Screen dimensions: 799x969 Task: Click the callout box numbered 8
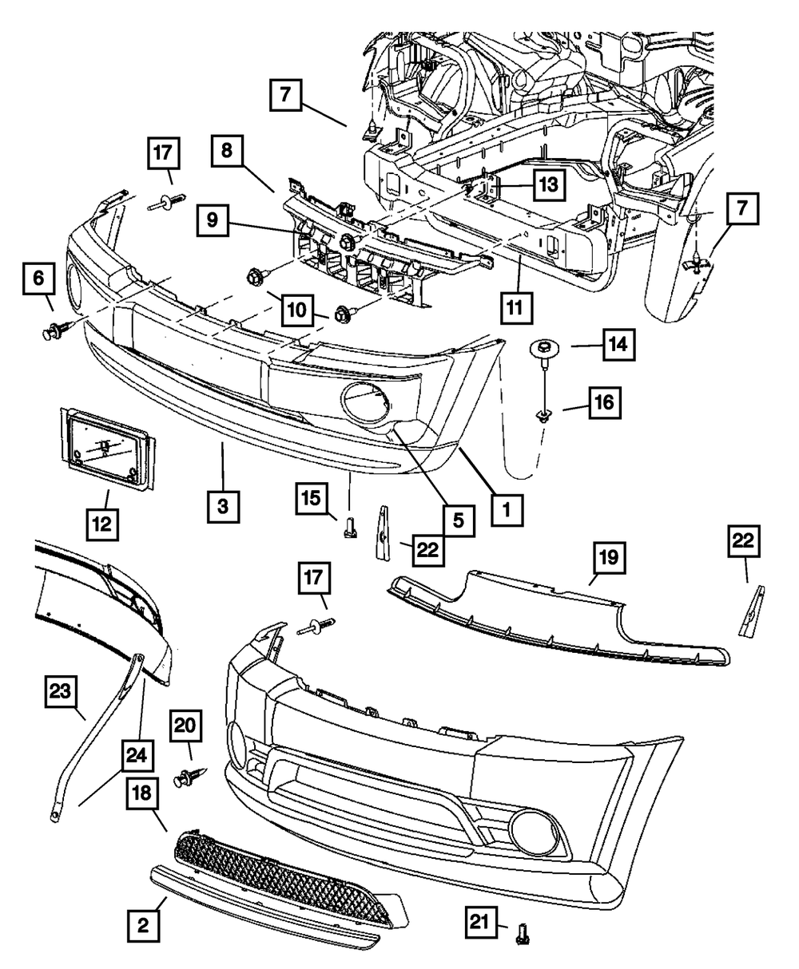[x=227, y=151]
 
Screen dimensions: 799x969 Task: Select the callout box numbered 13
[x=549, y=184]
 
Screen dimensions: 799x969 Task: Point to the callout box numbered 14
[x=618, y=345]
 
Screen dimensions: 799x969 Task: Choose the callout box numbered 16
[x=605, y=403]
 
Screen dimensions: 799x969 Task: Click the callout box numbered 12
[x=102, y=524]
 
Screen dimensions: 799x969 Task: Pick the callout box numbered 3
[x=224, y=507]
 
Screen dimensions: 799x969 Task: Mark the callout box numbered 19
[x=609, y=557]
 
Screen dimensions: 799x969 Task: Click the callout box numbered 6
[x=38, y=279]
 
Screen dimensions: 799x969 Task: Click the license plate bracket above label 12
[x=107, y=447]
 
